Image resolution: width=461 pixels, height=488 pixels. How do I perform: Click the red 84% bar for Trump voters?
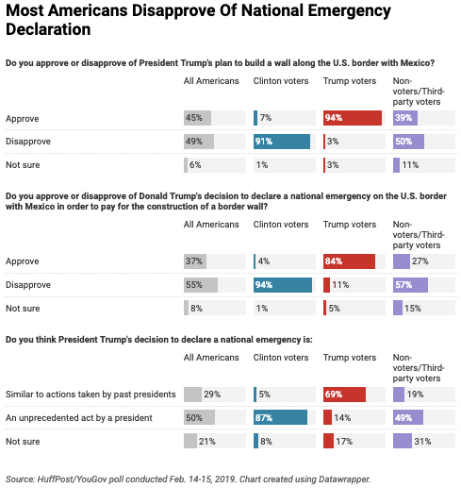point(349,261)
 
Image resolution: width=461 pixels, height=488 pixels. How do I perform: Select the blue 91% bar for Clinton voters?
point(282,142)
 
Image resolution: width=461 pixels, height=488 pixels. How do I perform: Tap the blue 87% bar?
point(280,417)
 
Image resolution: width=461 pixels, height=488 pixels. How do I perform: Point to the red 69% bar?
point(344,395)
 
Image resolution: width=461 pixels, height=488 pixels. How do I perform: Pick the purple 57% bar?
point(410,285)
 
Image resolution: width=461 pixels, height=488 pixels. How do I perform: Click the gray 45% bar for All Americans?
point(197,118)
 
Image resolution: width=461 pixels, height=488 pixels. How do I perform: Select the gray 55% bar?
point(201,285)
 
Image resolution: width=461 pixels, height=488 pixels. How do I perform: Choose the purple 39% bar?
point(405,118)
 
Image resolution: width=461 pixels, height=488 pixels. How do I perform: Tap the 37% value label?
point(194,261)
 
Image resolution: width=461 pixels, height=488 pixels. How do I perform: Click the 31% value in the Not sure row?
point(422,442)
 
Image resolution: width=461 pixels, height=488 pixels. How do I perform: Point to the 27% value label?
point(420,261)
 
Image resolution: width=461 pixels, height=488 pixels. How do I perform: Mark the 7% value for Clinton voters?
point(266,118)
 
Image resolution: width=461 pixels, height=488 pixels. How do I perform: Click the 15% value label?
point(413,309)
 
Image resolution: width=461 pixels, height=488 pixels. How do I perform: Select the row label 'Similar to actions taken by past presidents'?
point(91,395)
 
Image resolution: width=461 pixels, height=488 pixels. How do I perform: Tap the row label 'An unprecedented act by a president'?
point(79,418)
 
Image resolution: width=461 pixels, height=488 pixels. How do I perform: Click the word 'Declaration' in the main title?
point(48,29)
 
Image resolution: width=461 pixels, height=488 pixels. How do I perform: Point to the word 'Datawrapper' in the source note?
point(344,480)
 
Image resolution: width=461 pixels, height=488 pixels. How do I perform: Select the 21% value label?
point(207,442)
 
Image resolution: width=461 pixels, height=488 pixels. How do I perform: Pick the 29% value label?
point(212,395)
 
